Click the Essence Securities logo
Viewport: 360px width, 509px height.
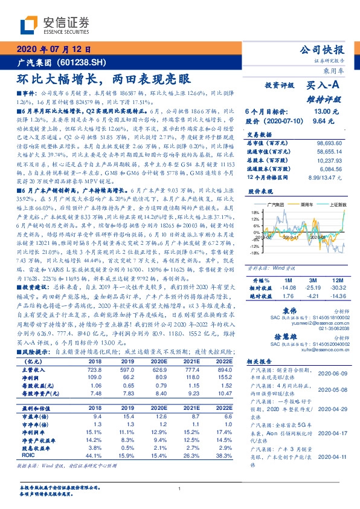pos(55,25)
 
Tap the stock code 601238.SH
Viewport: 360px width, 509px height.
pos(82,62)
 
